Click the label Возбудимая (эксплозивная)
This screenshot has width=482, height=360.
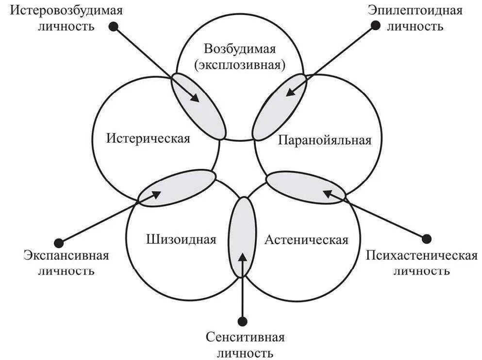[x=240, y=57]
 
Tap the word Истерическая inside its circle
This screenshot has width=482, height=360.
[x=148, y=138]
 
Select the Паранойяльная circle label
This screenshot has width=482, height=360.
[x=325, y=141]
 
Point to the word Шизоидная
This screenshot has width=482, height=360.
[x=180, y=239]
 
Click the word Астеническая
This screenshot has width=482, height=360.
[x=306, y=240]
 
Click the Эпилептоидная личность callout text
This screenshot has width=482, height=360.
[x=415, y=18]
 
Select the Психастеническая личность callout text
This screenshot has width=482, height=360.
[x=421, y=263]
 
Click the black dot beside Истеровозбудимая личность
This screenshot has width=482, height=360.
[x=113, y=27]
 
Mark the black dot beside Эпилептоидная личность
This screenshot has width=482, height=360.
[x=373, y=26]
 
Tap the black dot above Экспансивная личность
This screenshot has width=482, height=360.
[x=59, y=241]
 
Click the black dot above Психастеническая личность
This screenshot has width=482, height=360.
[x=427, y=238]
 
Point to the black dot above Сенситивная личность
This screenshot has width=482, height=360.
[x=243, y=320]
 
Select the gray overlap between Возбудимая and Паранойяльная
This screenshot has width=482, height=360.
[x=280, y=106]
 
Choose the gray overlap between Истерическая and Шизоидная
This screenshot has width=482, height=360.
[x=177, y=187]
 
